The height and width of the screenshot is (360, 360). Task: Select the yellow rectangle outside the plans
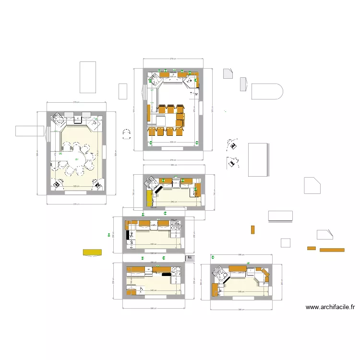[92, 252]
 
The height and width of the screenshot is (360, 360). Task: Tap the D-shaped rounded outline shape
[267, 91]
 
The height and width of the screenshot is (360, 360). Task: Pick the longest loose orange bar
[332, 250]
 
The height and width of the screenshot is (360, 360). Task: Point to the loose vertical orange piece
[252, 229]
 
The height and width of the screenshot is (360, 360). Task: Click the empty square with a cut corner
[312, 185]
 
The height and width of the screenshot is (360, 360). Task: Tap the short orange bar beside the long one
[312, 248]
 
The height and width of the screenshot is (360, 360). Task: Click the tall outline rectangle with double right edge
[258, 159]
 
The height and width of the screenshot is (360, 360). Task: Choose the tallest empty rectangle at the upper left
[87, 77]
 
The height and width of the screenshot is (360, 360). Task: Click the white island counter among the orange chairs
[159, 120]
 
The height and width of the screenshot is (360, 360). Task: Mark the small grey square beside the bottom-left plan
[190, 258]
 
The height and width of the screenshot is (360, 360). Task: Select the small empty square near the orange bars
[286, 242]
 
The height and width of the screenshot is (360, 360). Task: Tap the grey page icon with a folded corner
[228, 73]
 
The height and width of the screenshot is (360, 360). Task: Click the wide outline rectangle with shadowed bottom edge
[280, 216]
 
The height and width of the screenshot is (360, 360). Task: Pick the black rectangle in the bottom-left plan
[166, 274]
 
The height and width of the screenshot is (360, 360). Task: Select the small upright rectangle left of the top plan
[122, 91]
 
